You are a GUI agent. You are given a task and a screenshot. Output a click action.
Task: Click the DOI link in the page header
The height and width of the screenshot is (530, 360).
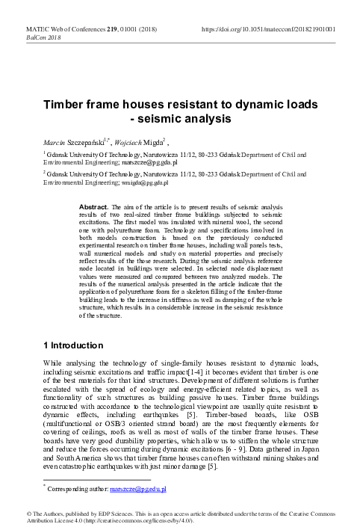point(268,29)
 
